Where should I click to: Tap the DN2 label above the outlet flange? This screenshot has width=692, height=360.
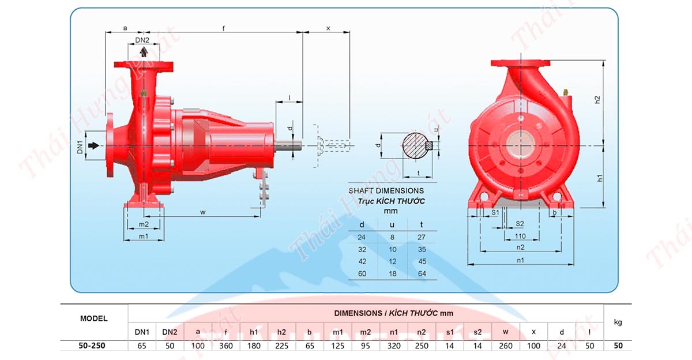point(142,40)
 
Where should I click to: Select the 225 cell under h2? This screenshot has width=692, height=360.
point(281,346)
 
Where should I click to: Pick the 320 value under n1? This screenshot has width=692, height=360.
point(394,346)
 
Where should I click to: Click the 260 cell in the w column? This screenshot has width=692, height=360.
point(506,346)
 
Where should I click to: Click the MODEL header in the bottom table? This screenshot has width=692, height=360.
point(93,318)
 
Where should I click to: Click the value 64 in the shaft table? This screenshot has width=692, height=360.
point(422,274)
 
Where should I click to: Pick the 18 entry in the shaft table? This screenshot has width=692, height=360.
point(392,274)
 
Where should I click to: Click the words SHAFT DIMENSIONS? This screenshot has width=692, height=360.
point(386,190)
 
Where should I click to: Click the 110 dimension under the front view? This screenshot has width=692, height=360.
point(520,236)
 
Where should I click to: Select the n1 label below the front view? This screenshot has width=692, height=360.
point(520,260)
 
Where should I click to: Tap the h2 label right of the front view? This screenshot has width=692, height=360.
point(598,99)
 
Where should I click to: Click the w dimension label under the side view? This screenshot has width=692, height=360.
point(203,212)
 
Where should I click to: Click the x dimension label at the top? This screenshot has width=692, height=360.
point(328,28)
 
